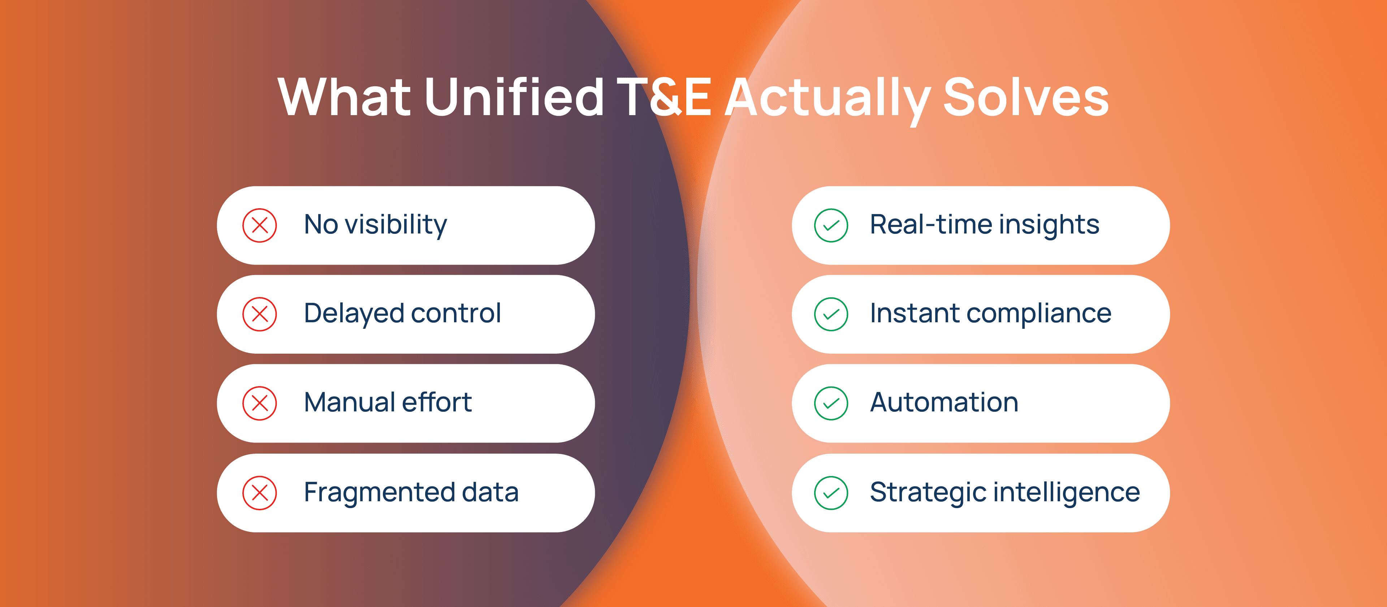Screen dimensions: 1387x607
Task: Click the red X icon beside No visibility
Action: (x=260, y=226)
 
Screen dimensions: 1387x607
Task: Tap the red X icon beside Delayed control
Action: (x=260, y=314)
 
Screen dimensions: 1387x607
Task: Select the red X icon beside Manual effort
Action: (x=260, y=403)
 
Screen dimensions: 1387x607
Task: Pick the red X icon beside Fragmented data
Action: (x=260, y=493)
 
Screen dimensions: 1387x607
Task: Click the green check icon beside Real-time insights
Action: (x=831, y=226)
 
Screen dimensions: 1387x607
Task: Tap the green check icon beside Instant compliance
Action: (x=831, y=314)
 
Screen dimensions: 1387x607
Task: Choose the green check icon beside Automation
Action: (x=831, y=403)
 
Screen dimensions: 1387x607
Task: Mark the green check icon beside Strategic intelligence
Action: (x=831, y=493)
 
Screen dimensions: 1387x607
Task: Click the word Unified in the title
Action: (x=514, y=96)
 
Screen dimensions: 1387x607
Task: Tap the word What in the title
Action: (x=345, y=97)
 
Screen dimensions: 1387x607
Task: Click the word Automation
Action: (x=944, y=402)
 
